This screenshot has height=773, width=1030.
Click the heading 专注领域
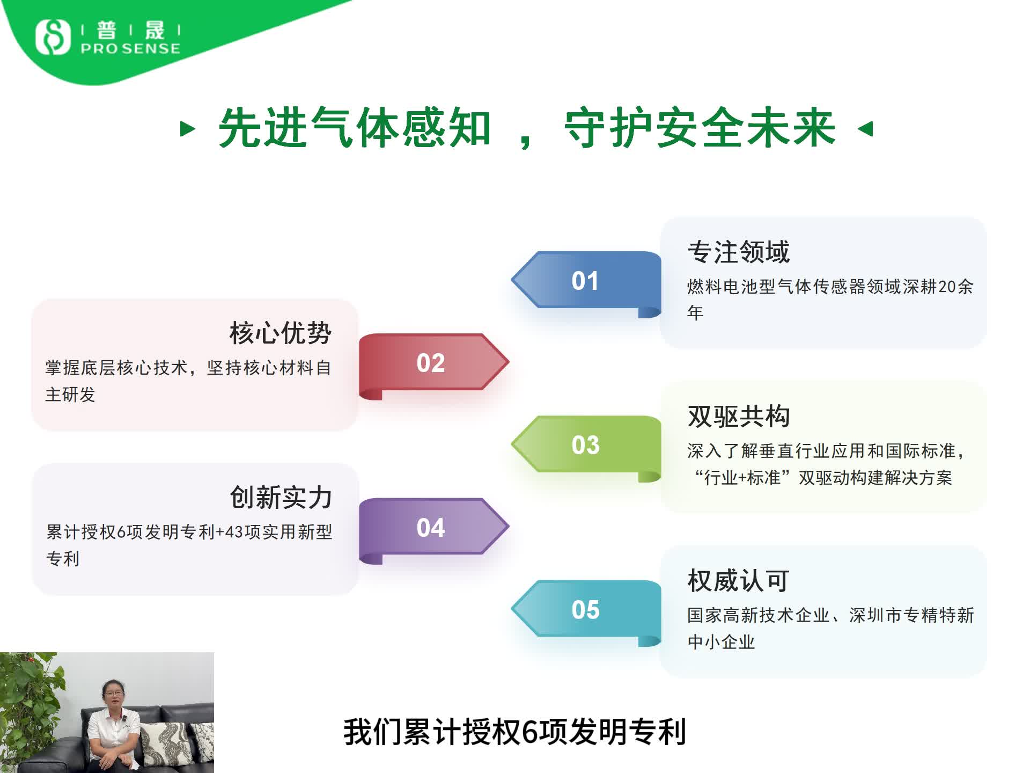pos(739,252)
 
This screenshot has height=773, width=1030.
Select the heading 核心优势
pos(281,333)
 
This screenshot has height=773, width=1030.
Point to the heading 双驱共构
pos(739,417)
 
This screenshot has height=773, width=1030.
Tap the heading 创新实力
pos(281,498)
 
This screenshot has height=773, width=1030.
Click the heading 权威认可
pos(739,581)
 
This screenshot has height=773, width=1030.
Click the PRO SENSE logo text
pos(130,48)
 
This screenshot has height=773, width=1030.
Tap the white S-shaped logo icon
pos(53,37)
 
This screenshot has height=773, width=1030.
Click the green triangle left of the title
pos(187,129)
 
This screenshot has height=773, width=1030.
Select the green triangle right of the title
pos(866,129)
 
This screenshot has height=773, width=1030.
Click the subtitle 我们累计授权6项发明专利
pos(515,732)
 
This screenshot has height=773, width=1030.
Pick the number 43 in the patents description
pos(234,532)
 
